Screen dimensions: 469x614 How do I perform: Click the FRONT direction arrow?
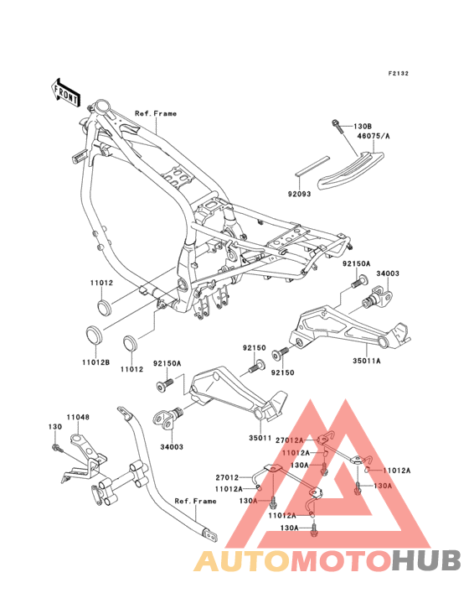tap(65, 93)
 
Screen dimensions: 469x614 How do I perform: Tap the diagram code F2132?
tap(399, 73)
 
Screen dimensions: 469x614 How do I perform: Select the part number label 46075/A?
tap(374, 136)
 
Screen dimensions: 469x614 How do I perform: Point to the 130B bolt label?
tap(363, 127)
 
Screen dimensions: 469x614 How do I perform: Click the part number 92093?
tap(299, 194)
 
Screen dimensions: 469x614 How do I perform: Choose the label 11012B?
tap(95, 362)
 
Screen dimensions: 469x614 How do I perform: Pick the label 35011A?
tap(367, 361)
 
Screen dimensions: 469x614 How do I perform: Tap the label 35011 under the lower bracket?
tap(260, 438)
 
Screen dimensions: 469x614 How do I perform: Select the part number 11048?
tap(78, 418)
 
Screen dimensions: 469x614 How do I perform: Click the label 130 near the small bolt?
tap(55, 426)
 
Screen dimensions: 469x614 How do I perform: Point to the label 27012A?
tap(290, 440)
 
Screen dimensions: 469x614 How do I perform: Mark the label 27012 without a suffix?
tap(227, 478)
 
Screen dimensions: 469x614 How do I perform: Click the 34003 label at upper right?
tap(388, 273)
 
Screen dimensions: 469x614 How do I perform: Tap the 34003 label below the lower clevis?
tap(172, 447)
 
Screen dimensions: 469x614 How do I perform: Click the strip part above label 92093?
tap(313, 165)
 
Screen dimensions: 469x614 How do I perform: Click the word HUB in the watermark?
tap(426, 560)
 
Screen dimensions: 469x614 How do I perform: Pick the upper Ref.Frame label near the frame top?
tap(156, 113)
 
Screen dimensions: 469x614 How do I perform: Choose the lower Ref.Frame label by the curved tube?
tap(195, 502)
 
